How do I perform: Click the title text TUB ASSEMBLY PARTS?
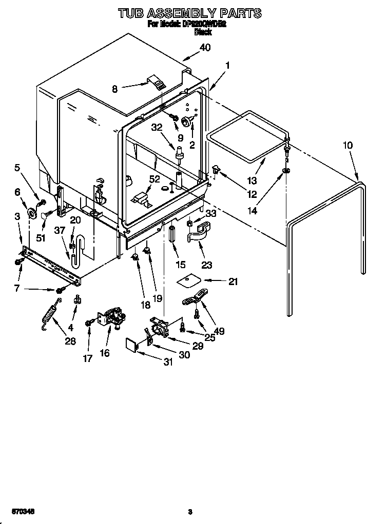tap(190, 13)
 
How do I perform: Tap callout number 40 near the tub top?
tap(205, 48)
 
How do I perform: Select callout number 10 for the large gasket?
tap(348, 145)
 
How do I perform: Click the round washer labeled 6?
tap(32, 212)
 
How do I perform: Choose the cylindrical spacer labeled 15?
tap(172, 234)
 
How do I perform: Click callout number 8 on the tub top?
tap(114, 89)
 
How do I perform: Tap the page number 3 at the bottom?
tap(190, 511)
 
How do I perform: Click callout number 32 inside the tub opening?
tap(157, 128)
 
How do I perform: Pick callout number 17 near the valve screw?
tap(88, 358)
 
